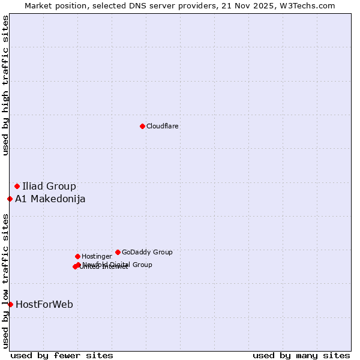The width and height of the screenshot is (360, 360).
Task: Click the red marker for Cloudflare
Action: (x=142, y=126)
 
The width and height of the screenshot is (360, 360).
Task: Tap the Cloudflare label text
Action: (x=163, y=127)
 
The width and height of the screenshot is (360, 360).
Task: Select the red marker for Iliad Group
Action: (x=17, y=186)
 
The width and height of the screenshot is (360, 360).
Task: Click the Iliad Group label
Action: (x=49, y=186)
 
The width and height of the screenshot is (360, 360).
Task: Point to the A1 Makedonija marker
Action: (x=10, y=199)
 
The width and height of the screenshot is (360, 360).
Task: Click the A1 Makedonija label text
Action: (x=50, y=199)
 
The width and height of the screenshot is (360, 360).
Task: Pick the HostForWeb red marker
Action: (x=10, y=304)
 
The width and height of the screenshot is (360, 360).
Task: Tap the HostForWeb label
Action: (x=44, y=305)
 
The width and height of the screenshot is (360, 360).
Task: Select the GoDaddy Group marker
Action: (x=118, y=252)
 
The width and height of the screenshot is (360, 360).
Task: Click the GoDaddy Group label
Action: (x=147, y=253)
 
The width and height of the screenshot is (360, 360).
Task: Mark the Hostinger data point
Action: (x=77, y=256)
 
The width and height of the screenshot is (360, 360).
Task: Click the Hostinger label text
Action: (x=97, y=257)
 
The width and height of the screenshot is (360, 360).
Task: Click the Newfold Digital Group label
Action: (x=118, y=265)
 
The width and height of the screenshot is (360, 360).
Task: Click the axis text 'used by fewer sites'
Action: (x=62, y=355)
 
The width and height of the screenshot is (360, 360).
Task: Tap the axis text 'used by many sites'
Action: (x=301, y=355)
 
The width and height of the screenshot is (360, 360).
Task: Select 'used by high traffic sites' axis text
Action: (x=5, y=86)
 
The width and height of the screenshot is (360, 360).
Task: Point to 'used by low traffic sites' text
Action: (x=5, y=280)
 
